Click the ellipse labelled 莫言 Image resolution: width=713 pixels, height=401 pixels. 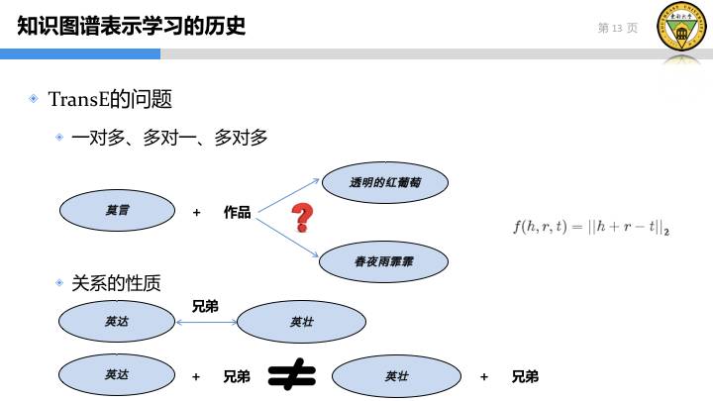(117, 211)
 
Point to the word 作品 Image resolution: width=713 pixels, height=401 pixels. (237, 212)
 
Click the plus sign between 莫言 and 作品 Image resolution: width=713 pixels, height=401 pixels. (197, 212)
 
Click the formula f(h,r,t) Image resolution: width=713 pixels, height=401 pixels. (590, 228)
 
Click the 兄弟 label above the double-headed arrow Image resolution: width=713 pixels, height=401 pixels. (205, 307)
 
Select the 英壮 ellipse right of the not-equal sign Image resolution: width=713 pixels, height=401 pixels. (396, 376)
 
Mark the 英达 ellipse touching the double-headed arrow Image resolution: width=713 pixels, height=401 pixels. (117, 321)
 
